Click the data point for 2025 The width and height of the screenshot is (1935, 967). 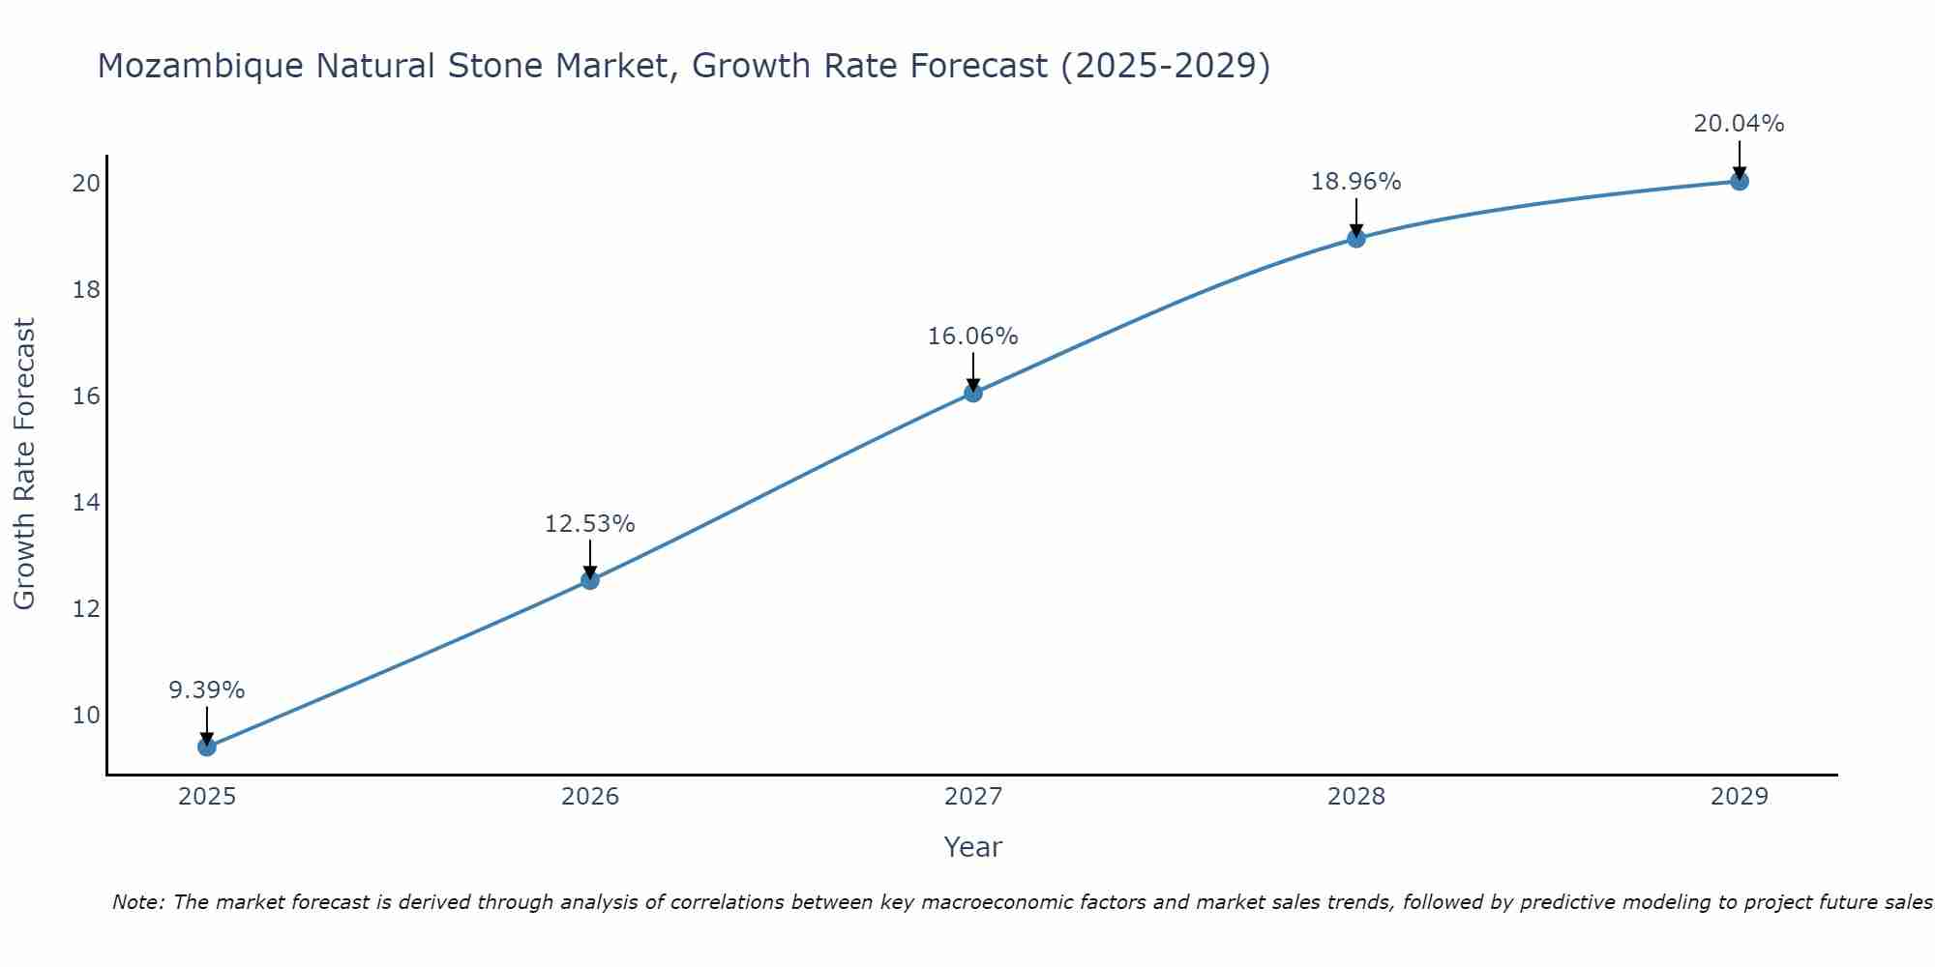[x=206, y=747]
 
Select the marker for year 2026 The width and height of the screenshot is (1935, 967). [x=589, y=580]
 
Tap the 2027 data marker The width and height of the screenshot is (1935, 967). [x=972, y=393]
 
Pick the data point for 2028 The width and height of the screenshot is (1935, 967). [x=1355, y=238]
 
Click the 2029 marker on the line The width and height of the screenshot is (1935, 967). [x=1739, y=181]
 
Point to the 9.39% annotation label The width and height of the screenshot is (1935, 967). [x=206, y=690]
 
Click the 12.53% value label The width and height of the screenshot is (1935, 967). [x=589, y=524]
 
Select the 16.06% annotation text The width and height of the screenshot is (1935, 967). [x=972, y=337]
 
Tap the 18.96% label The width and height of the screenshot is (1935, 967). [x=1355, y=182]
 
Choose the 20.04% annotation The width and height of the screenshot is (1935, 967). [x=1739, y=124]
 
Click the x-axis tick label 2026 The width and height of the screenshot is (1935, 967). [x=589, y=797]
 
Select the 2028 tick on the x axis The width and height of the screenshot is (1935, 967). [x=1355, y=797]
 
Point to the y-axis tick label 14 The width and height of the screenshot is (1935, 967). [x=86, y=503]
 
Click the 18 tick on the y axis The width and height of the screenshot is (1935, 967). [x=86, y=290]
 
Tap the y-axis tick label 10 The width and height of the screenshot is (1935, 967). [x=86, y=716]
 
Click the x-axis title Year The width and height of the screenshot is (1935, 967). [x=972, y=847]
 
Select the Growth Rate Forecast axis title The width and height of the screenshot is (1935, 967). [x=24, y=464]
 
